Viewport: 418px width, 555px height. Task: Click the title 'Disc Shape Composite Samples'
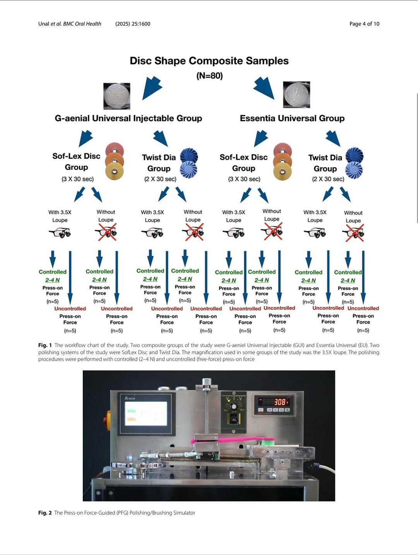point(209,61)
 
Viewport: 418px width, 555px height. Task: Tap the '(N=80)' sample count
point(209,75)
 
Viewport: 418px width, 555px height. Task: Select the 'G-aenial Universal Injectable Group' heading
point(128,118)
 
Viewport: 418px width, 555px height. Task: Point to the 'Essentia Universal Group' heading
point(292,118)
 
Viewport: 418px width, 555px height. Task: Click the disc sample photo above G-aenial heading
point(117,96)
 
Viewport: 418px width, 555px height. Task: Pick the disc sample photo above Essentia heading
point(296,94)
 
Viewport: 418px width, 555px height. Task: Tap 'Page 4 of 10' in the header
point(364,24)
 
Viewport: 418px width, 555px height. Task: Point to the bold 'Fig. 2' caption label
point(45,513)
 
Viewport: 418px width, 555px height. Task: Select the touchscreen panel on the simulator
point(146,413)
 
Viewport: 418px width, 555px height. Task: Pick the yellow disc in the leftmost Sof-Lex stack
point(115,171)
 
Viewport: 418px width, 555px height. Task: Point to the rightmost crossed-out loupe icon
point(353,233)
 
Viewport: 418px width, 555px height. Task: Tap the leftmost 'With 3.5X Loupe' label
point(60,216)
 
